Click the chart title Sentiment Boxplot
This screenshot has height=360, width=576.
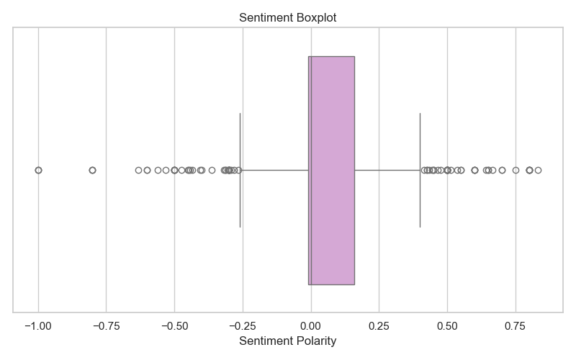(288, 17)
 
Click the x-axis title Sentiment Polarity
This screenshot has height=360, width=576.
(288, 341)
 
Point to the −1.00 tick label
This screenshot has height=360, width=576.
(38, 325)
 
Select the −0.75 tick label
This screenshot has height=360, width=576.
(106, 325)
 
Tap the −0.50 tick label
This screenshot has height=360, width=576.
(174, 325)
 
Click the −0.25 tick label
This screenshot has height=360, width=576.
(243, 325)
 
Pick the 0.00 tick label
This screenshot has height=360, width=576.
(311, 325)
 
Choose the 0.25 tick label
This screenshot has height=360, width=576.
(379, 325)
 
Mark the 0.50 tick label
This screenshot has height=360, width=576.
(447, 325)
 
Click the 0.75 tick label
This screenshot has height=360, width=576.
(516, 325)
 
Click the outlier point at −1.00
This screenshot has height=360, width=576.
(38, 170)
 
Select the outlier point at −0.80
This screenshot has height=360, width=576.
(92, 170)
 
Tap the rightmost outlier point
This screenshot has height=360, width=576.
(538, 170)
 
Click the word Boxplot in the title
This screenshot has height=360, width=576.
(316, 17)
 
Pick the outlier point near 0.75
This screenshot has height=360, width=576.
(516, 170)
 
